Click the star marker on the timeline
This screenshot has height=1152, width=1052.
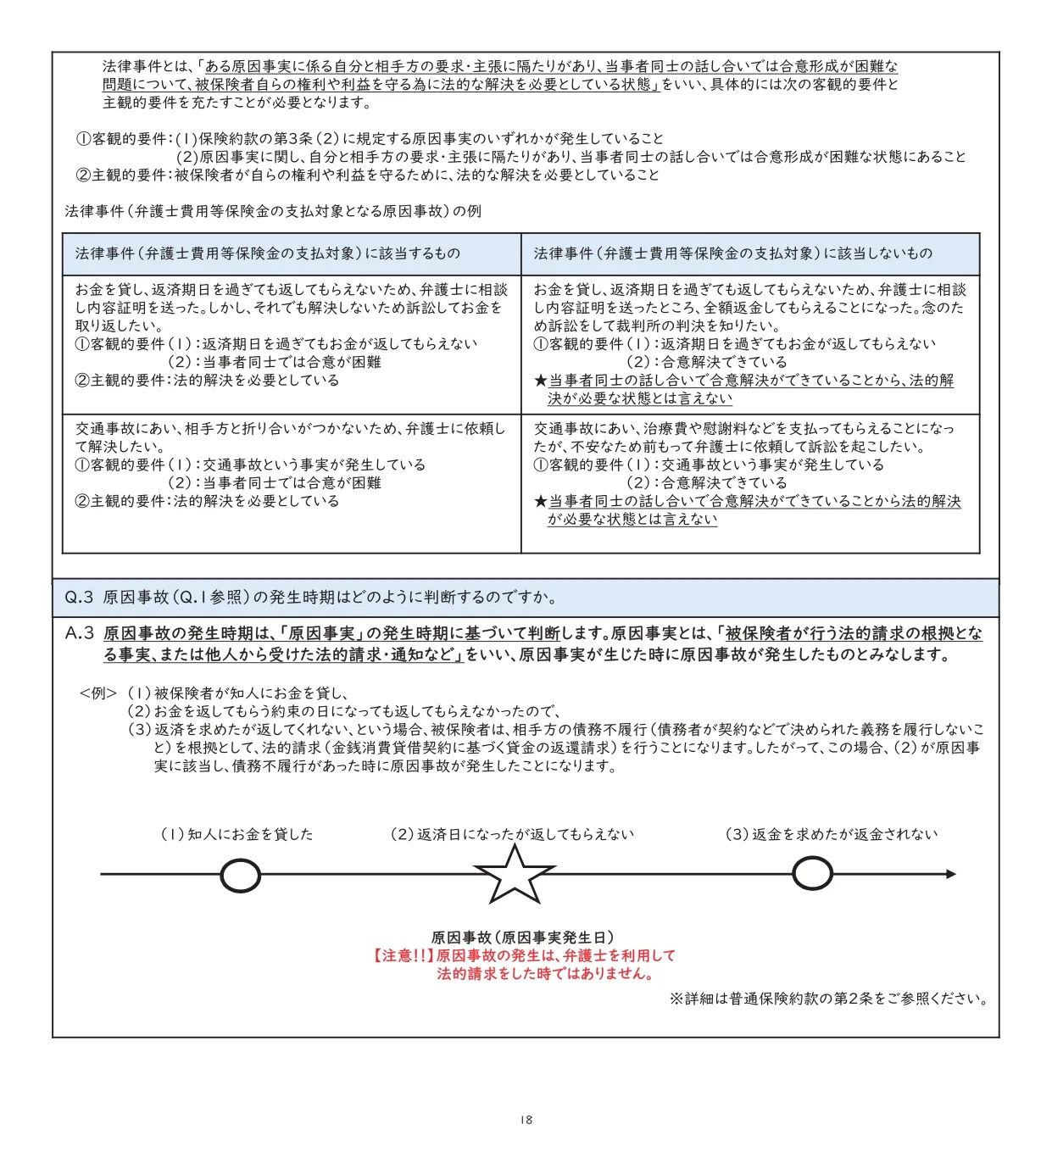(x=514, y=875)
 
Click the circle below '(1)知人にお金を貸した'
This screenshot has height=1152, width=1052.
(x=240, y=876)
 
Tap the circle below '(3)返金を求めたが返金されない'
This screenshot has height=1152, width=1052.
(x=811, y=873)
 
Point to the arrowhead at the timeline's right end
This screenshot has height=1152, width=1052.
(x=950, y=874)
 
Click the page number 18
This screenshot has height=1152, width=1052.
(x=526, y=1120)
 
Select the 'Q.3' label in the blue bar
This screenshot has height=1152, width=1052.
(x=79, y=598)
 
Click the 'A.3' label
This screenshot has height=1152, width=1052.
(x=80, y=634)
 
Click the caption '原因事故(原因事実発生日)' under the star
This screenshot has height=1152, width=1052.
(x=522, y=938)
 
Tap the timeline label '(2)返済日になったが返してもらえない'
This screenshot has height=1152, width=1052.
(x=511, y=834)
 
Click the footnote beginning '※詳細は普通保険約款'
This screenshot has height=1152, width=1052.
(x=828, y=999)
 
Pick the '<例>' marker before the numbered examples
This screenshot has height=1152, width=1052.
(x=98, y=693)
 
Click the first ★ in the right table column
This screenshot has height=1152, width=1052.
(x=540, y=381)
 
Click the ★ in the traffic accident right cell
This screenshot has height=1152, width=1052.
(x=540, y=502)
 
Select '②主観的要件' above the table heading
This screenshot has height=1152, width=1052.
(x=123, y=175)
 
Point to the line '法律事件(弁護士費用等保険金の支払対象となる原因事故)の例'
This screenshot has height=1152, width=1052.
(x=273, y=211)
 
